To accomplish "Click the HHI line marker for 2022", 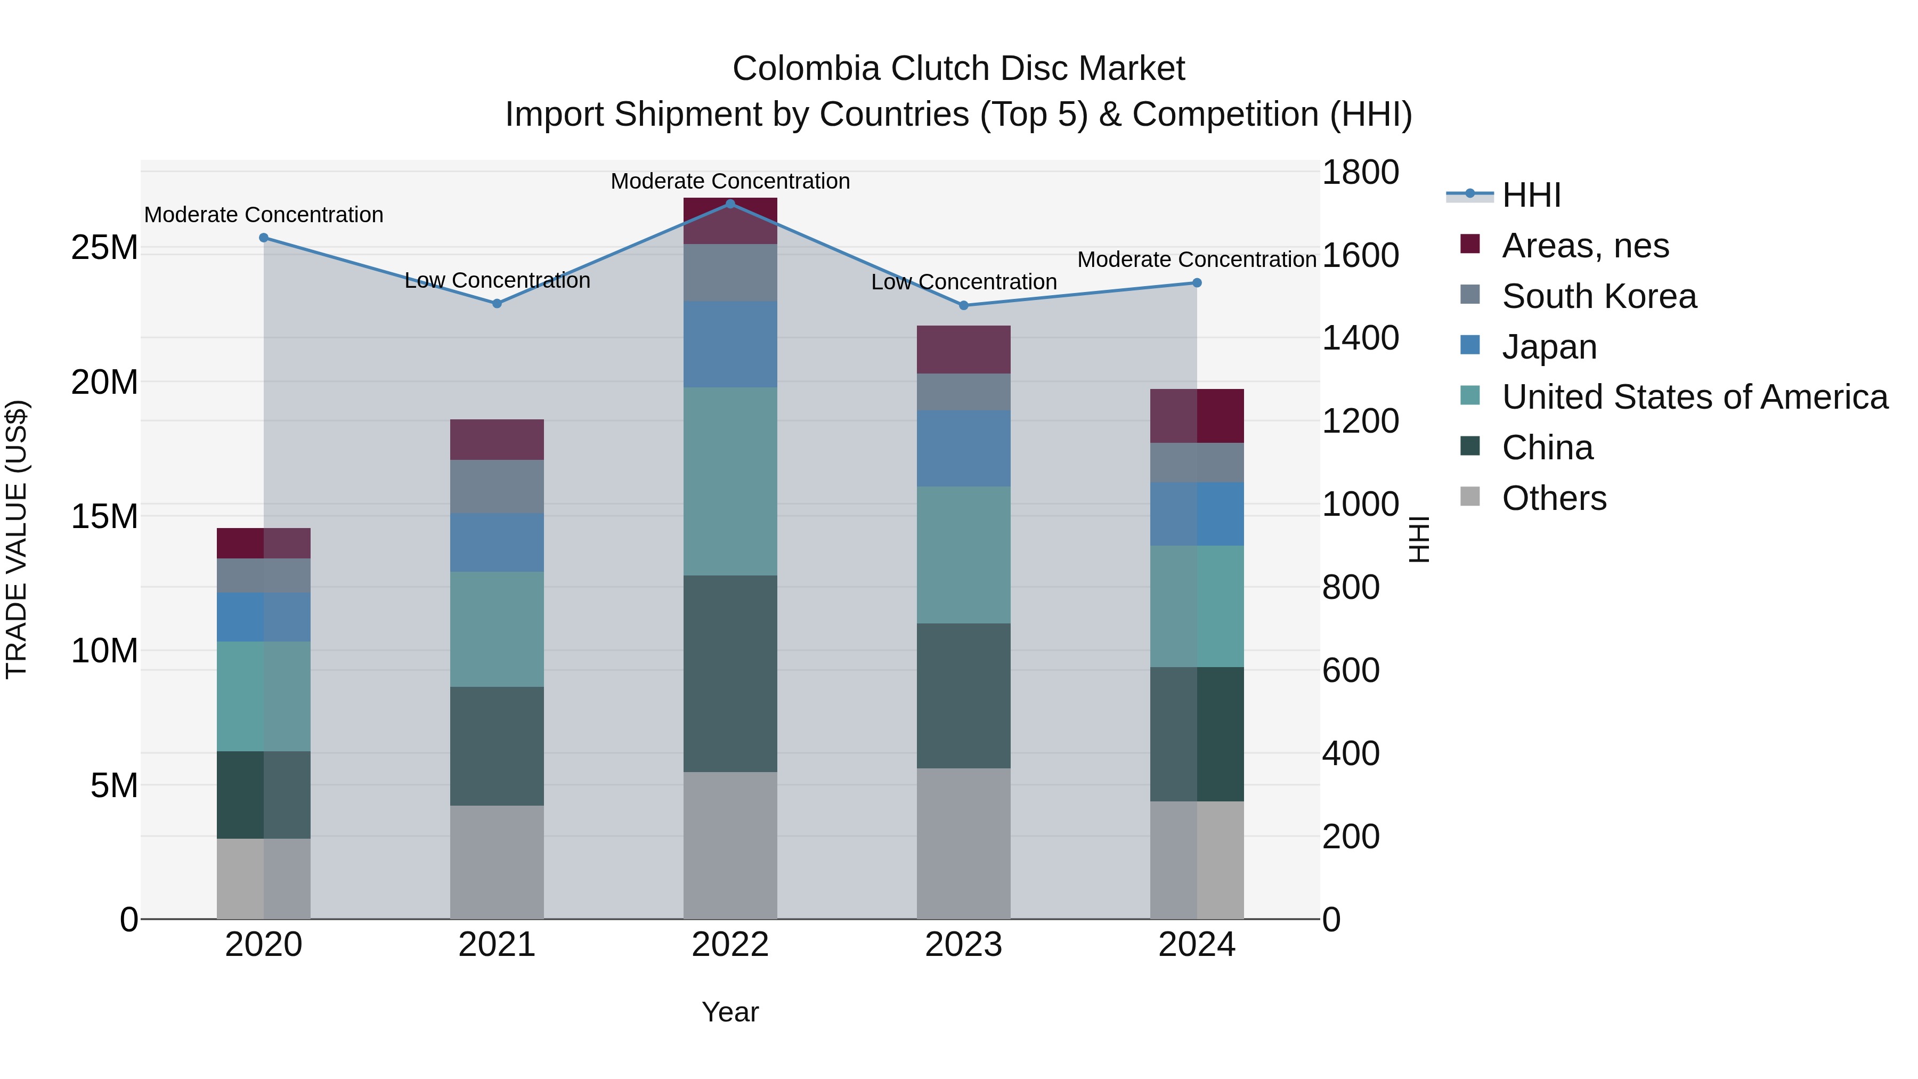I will point(730,204).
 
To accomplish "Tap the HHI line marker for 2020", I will point(264,238).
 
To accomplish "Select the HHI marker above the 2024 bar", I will point(1197,283).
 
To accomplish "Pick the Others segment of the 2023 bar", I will point(963,843).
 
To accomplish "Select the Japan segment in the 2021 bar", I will point(497,542).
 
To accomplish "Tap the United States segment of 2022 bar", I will point(730,481).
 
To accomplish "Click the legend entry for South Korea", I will point(1598,296).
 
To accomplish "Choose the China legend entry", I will point(1547,448).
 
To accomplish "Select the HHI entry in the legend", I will point(1530,195).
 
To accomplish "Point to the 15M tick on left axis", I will point(104,516).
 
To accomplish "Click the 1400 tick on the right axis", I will point(1360,338).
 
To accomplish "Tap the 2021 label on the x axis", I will point(497,945).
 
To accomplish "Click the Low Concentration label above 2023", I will point(963,282).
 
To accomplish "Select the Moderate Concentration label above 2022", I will point(730,181).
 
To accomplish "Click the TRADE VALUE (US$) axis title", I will point(17,539).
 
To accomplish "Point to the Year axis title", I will point(730,1012).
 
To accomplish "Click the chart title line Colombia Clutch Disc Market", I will point(958,69).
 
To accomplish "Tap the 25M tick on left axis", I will point(104,247).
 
